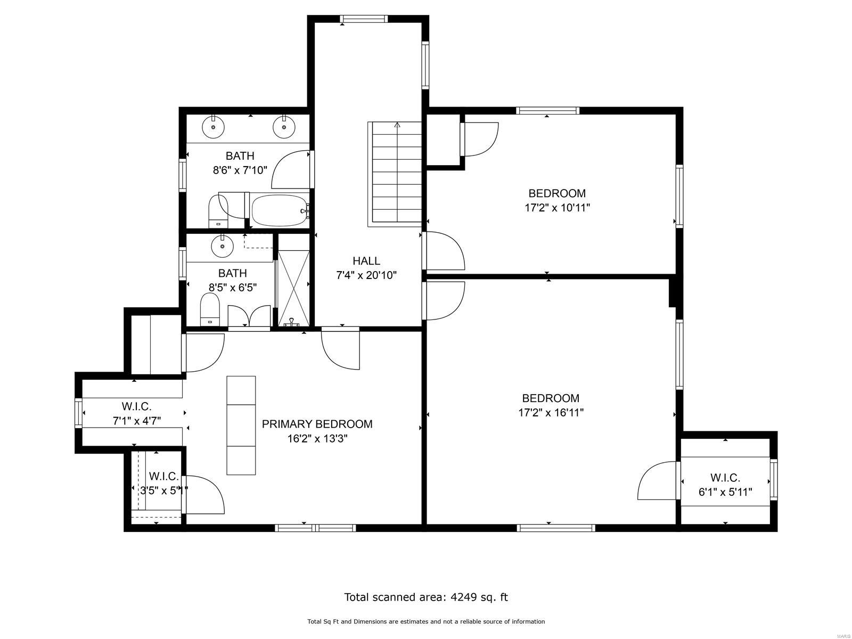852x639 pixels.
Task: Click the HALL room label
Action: pos(366,261)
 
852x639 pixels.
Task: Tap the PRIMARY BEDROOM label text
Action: pos(317,424)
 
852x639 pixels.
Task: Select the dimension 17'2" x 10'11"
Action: pos(557,208)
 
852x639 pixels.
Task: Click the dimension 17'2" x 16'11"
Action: pos(551,412)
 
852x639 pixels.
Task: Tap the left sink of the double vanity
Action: pos(213,127)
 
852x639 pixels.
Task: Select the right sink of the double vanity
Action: pos(284,127)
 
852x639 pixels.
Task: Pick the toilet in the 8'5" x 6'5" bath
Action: pos(210,311)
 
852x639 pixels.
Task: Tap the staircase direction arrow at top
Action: pos(397,126)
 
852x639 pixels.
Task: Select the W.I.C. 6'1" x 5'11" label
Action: pos(725,485)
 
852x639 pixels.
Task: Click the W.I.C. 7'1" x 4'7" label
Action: pos(137,414)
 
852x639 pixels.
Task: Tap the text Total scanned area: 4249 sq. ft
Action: pos(426,597)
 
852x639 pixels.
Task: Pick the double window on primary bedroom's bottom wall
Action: pos(315,528)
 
